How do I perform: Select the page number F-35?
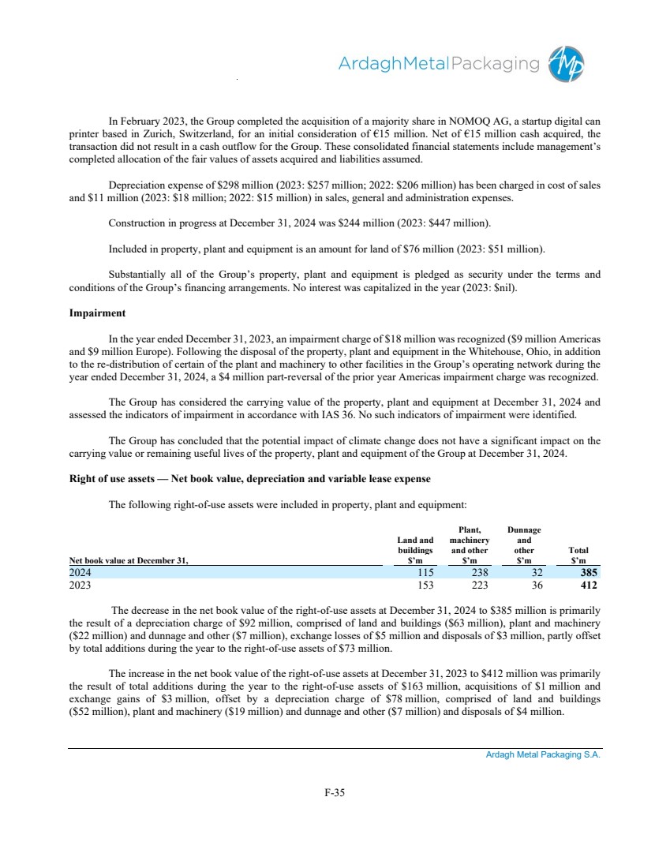(335, 793)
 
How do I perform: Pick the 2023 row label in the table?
(80, 586)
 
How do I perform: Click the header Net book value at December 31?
(129, 560)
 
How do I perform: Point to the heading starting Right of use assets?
(249, 479)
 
